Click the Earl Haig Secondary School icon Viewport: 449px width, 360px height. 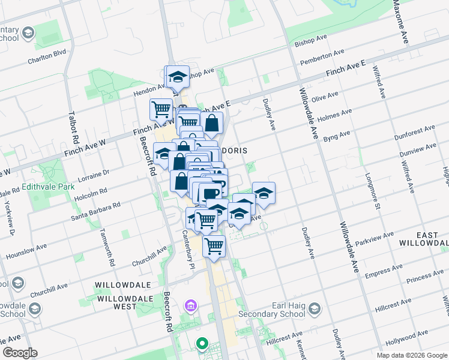315,309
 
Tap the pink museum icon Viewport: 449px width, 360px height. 191,307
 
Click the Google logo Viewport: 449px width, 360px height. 20,353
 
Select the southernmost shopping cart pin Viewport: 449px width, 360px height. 214,245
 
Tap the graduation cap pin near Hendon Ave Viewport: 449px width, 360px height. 177,76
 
